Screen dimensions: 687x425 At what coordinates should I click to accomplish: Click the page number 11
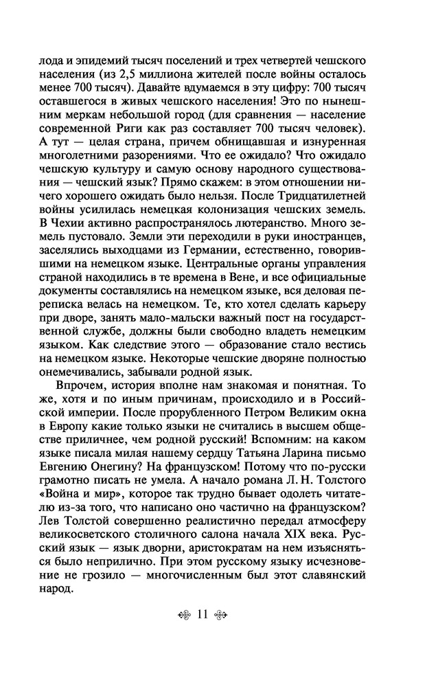(x=202, y=614)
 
